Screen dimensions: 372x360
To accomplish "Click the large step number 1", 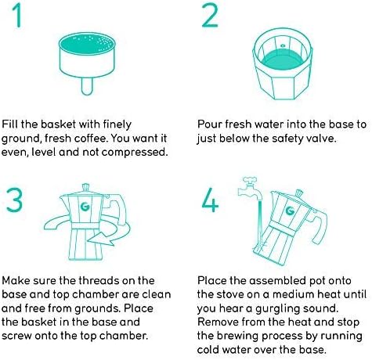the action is [x=17, y=15].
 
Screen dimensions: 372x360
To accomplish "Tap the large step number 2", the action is [x=210, y=15].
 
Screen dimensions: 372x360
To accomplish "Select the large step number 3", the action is [x=15, y=200].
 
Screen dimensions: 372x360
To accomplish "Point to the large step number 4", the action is [x=210, y=200].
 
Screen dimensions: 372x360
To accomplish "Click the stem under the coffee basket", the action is [x=87, y=86].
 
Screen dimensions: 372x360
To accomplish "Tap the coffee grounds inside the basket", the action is [x=87, y=44].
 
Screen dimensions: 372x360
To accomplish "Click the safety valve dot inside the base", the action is [x=283, y=46].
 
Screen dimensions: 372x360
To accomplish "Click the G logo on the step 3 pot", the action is [x=85, y=207].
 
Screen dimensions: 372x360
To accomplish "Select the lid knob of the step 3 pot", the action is [x=85, y=187].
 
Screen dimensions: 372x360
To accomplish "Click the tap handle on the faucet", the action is [x=250, y=180].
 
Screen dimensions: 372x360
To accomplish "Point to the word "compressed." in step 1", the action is [x=135, y=152].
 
